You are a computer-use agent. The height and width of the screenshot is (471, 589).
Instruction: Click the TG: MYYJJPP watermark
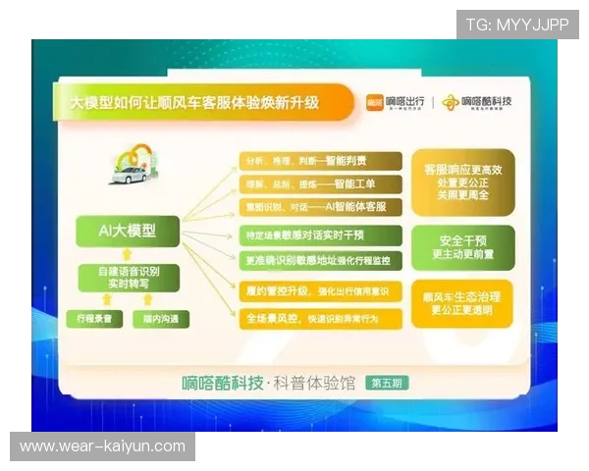pyautogui.click(x=518, y=25)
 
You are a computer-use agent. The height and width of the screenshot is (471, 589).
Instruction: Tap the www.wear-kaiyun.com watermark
pyautogui.click(x=102, y=446)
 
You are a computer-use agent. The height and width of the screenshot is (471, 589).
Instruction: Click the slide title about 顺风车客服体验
pyautogui.click(x=195, y=101)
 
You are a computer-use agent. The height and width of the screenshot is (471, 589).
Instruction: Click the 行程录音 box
pyautogui.click(x=95, y=319)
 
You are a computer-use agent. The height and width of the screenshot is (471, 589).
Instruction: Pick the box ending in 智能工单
pyautogui.click(x=320, y=183)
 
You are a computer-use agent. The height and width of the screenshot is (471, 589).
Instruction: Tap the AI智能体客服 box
pyautogui.click(x=320, y=207)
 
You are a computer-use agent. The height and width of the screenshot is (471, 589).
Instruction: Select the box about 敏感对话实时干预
pyautogui.click(x=320, y=235)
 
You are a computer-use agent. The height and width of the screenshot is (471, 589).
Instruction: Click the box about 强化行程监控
pyautogui.click(x=320, y=260)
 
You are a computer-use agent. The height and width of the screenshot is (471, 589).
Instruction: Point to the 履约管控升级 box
pyautogui.click(x=320, y=290)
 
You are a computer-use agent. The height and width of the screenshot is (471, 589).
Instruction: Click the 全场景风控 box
pyautogui.click(x=320, y=318)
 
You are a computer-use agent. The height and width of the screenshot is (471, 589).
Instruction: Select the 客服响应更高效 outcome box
pyautogui.click(x=462, y=183)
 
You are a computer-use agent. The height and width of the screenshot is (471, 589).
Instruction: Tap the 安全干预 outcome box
pyautogui.click(x=462, y=246)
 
